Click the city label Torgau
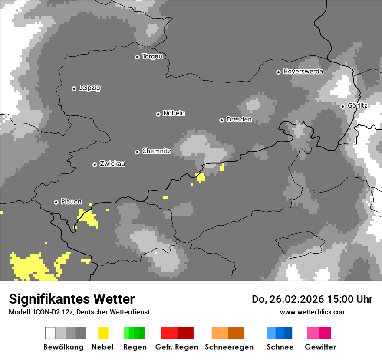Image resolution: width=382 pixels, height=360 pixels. coord(152,56)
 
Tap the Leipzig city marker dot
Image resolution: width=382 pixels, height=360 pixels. coord(74,88)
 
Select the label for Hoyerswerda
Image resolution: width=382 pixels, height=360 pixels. coord(303,72)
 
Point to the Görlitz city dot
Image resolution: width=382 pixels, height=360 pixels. coord(342,106)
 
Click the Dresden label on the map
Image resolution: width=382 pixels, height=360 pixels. coord(239,120)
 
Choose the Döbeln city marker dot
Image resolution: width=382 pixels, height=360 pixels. coord(158,114)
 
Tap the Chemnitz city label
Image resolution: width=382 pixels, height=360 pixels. coord(156,151)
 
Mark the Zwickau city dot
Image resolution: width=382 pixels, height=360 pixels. coord(95,164)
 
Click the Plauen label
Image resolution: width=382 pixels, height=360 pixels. coord(71,202)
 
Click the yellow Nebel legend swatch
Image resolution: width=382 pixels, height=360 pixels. coord(103,333)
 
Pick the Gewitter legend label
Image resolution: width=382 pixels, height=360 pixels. coord(320,347)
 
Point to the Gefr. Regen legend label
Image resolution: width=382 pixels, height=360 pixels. coord(177,347)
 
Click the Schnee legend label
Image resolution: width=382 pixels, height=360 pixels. coord(280,347)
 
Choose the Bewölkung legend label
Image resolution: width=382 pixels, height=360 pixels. coord(63,347)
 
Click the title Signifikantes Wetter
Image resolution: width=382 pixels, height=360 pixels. coord(72,299)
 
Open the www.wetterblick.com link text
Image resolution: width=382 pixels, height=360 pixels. coord(313,312)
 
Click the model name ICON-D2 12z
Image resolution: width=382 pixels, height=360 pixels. coord(53,312)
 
